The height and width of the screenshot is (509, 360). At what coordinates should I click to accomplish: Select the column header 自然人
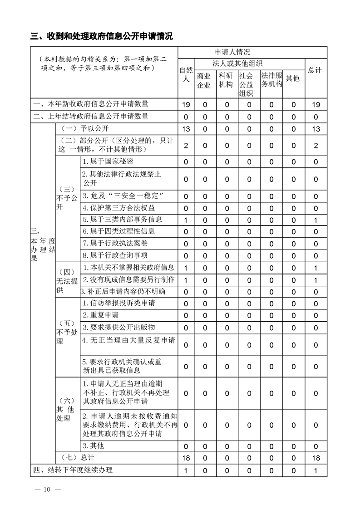186,74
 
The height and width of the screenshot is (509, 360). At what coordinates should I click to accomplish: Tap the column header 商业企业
204,80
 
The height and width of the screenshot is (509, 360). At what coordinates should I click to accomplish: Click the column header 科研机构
226,80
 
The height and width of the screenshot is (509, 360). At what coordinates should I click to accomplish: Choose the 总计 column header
315,70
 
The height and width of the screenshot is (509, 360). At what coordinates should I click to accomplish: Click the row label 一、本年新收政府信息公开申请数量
91,104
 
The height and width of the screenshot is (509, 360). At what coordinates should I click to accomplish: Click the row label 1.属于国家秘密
108,162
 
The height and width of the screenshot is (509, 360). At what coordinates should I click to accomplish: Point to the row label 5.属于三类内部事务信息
122,220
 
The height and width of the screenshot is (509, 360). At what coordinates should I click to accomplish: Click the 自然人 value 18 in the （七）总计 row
186,458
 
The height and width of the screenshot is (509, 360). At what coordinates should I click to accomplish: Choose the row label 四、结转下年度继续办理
73,470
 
